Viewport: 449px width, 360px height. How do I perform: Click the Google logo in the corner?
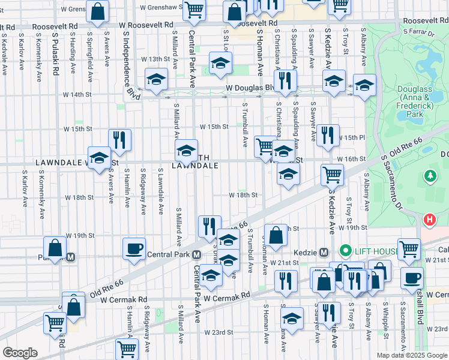[20, 353]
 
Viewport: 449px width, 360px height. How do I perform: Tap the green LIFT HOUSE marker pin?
[345, 251]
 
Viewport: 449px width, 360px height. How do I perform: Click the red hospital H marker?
[429, 220]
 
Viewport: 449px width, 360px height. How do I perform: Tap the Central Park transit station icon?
[197, 254]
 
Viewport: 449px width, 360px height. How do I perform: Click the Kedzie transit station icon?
[324, 252]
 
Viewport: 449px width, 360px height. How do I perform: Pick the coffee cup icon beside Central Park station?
[134, 248]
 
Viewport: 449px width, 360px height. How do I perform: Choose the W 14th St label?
[77, 95]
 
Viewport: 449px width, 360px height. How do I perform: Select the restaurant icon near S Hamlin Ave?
[119, 139]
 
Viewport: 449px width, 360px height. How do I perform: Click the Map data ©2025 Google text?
[412, 355]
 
